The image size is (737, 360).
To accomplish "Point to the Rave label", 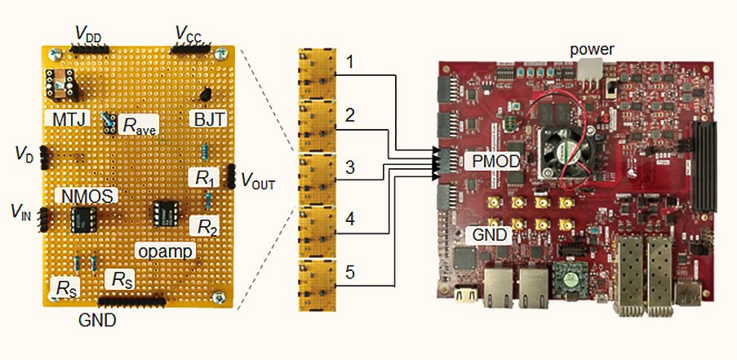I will coord(138,126).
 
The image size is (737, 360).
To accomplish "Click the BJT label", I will coord(210,120).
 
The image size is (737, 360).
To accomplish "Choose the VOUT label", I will coord(257,181).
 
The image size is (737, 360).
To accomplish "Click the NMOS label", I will coord(84,196).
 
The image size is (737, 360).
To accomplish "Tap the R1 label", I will coord(200,176).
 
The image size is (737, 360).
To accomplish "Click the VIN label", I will coord(22,215).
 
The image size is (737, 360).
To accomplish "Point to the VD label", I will coord(24,153).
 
